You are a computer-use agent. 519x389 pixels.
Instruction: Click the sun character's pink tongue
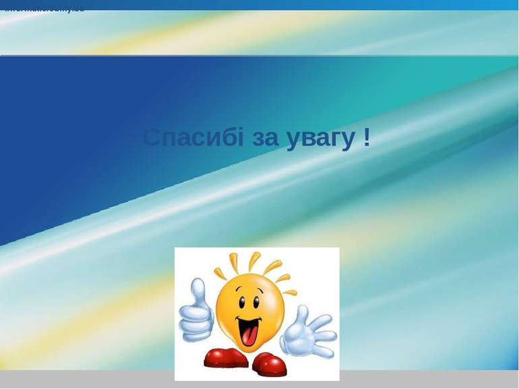pyautogui.click(x=249, y=334)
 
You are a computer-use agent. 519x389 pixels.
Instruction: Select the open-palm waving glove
pyautogui.click(x=307, y=334)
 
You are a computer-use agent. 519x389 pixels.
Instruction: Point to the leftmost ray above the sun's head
pyautogui.click(x=220, y=273)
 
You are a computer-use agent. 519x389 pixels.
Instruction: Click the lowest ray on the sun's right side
pyautogui.click(x=290, y=292)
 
